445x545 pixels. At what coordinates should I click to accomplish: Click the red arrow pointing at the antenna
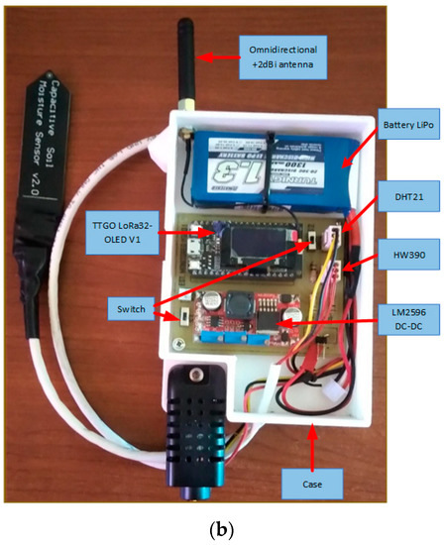tap(225, 54)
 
